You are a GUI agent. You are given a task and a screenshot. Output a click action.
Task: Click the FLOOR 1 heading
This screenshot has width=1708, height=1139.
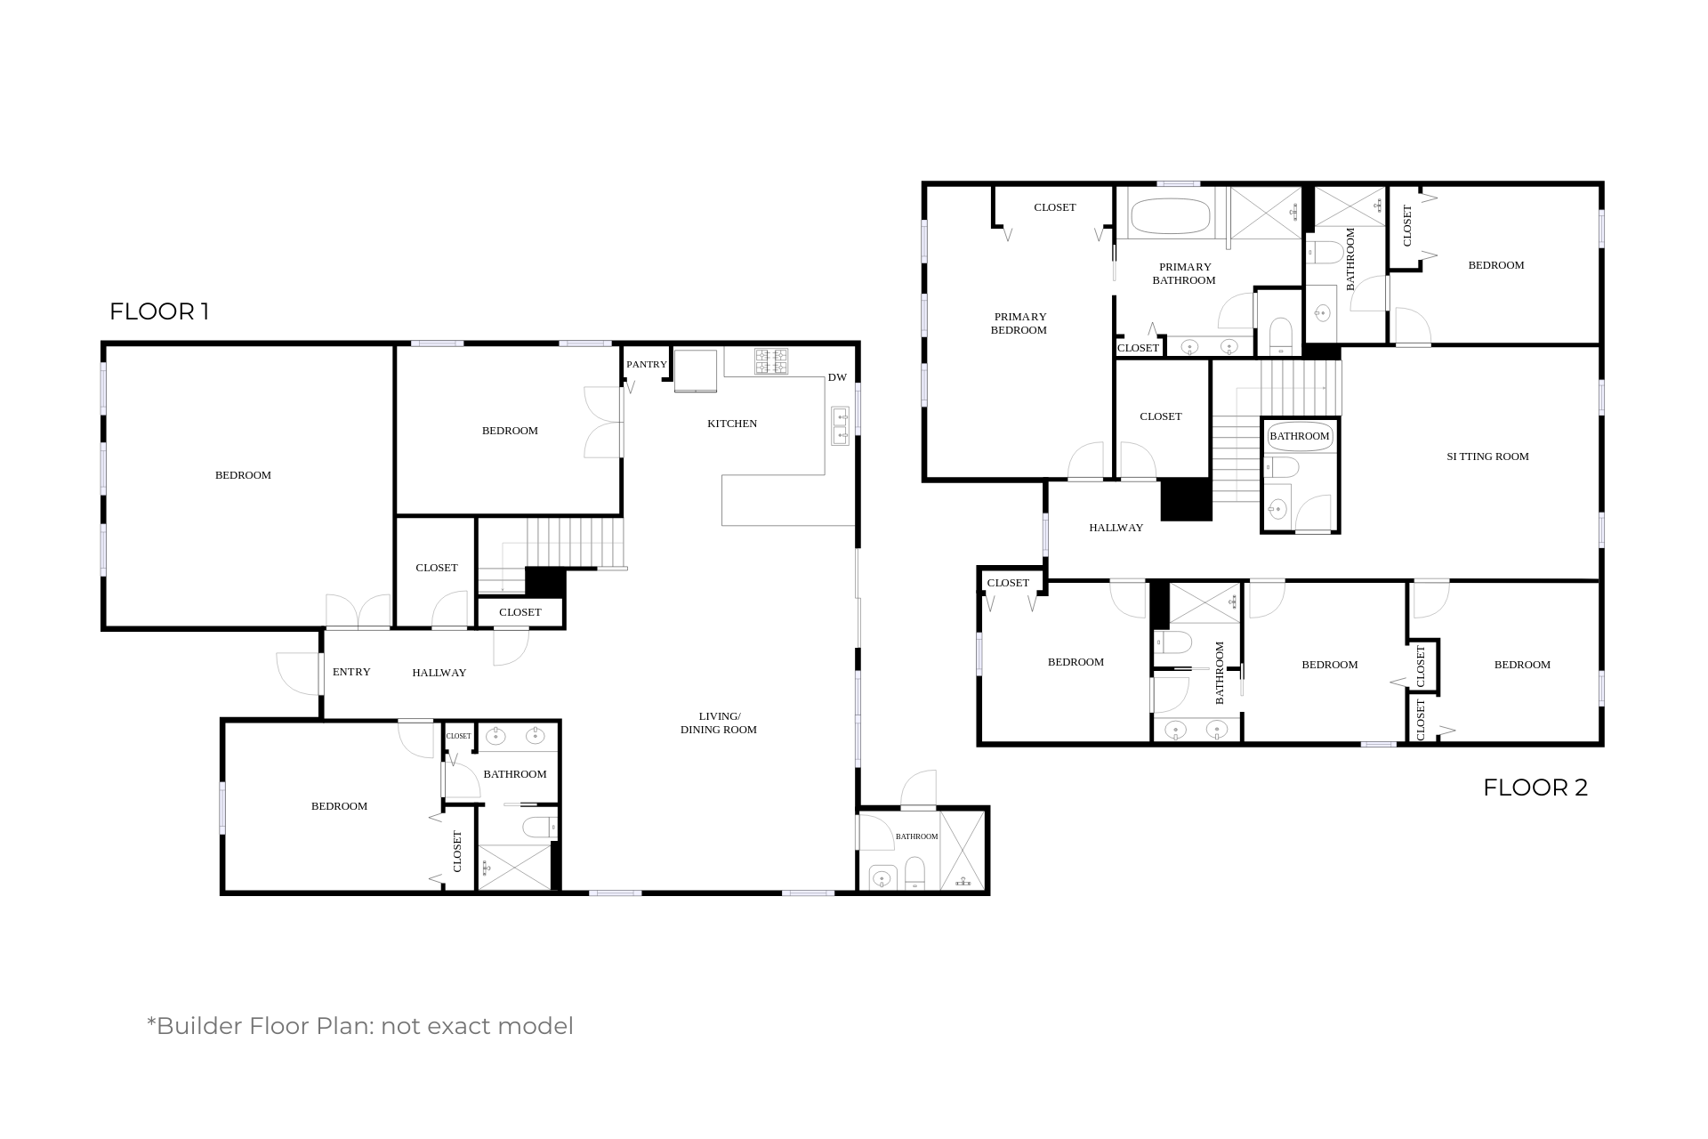pyautogui.click(x=159, y=311)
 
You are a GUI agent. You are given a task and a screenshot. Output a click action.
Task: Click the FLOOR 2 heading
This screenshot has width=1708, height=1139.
pyautogui.click(x=1535, y=788)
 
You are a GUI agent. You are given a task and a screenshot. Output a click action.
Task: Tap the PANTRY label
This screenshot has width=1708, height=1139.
pyautogui.click(x=647, y=364)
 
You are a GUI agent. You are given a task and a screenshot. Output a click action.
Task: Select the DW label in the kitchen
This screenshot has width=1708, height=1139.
pyautogui.click(x=837, y=377)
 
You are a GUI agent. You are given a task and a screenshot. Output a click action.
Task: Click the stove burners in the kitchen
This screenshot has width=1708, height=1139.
pyautogui.click(x=771, y=361)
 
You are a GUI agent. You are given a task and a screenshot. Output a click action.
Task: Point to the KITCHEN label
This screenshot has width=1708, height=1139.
pyautogui.click(x=732, y=424)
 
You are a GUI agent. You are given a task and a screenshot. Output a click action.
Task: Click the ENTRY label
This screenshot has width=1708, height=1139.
pyautogui.click(x=351, y=672)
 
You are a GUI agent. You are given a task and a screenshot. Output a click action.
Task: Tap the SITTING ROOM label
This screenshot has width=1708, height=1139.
pyautogui.click(x=1487, y=456)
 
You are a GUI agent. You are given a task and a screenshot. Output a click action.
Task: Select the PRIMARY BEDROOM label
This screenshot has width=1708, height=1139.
pyautogui.click(x=1019, y=323)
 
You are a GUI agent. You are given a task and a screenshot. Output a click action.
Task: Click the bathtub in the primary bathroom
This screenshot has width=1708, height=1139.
pyautogui.click(x=1170, y=216)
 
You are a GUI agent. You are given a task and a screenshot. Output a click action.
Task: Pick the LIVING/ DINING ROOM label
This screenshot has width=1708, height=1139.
pyautogui.click(x=719, y=723)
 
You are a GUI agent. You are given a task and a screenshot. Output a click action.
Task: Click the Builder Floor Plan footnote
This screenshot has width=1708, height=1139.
pyautogui.click(x=360, y=1026)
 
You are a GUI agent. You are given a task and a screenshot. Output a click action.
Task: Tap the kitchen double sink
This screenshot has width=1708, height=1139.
pyautogui.click(x=840, y=425)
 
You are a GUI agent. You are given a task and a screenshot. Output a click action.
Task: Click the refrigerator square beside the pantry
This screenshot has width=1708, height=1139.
pyautogui.click(x=696, y=370)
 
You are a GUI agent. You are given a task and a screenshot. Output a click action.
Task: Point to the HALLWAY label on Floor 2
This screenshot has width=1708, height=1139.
pyautogui.click(x=1116, y=528)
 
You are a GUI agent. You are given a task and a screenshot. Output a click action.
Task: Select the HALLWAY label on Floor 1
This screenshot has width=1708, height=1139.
pyautogui.click(x=439, y=673)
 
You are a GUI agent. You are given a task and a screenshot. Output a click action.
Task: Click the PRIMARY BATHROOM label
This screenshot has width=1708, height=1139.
pyautogui.click(x=1184, y=273)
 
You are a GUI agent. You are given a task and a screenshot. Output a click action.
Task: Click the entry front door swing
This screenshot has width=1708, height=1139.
pyautogui.click(x=298, y=674)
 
